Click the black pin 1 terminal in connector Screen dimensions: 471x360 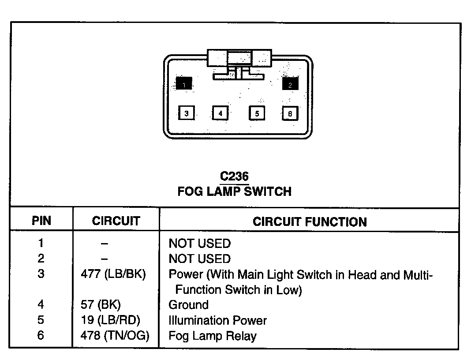tap(184, 83)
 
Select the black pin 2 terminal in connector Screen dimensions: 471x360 tap(290, 84)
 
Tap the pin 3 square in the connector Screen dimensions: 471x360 tap(187, 113)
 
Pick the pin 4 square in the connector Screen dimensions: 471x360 tap(220, 113)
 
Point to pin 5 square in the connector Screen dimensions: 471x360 tap(257, 113)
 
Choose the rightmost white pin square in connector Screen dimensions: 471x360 tap(290, 113)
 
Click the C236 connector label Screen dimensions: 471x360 tap(234, 176)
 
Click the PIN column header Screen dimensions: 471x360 tap(41, 221)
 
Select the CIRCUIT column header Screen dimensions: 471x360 tap(116, 221)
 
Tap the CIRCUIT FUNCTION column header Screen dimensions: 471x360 tap(310, 221)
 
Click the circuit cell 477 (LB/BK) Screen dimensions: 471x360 tap(113, 274)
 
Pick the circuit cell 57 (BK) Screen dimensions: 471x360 tap(101, 304)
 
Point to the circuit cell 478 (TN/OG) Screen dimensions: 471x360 tap(115, 335)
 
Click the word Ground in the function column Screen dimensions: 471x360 tap(189, 305)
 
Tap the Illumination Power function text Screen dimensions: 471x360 tap(217, 320)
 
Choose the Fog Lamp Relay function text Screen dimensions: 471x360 tap(212, 336)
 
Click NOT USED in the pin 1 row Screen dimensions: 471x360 tap(199, 244)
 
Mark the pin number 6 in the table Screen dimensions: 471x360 tap(41, 335)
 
